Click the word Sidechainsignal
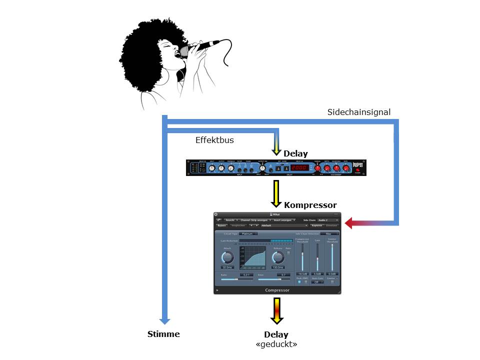(359, 112)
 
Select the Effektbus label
(214, 140)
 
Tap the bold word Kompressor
(310, 205)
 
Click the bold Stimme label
(163, 334)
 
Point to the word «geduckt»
(276, 344)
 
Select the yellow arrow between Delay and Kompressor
(276, 194)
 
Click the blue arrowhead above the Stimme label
(165, 320)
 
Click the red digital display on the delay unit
(299, 168)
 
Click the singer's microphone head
(184, 51)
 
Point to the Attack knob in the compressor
(227, 257)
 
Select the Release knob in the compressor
(278, 257)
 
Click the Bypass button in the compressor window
(222, 226)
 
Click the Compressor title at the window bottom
(277, 290)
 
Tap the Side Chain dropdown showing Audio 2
(328, 220)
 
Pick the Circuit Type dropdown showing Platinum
(248, 233)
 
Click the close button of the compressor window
(216, 214)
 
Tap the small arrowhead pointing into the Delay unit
(276, 150)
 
